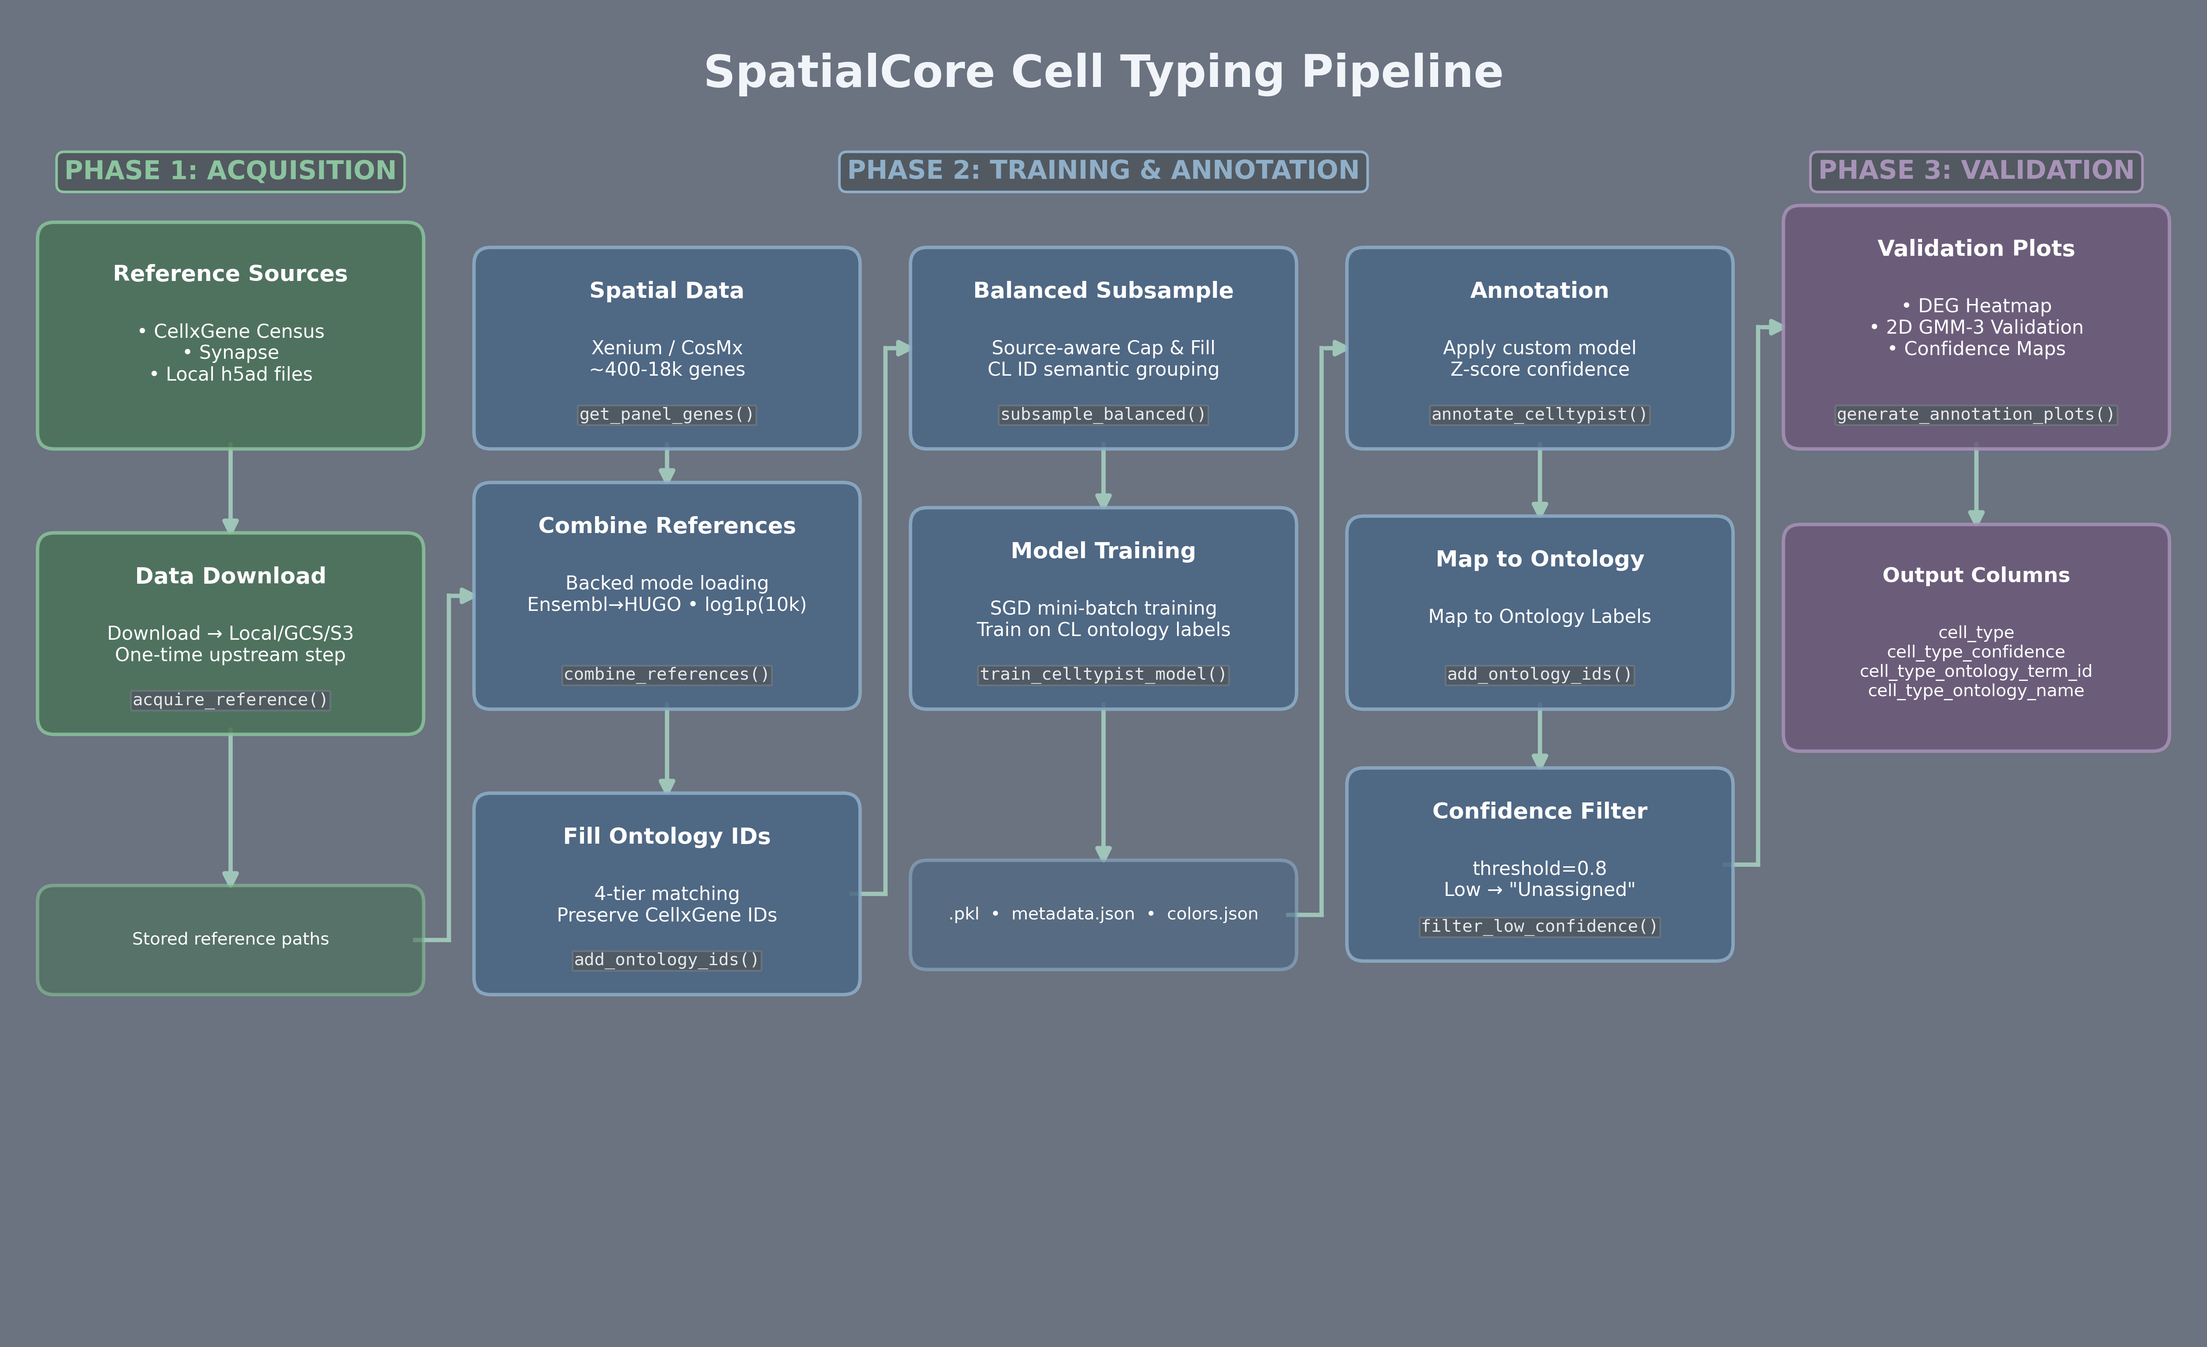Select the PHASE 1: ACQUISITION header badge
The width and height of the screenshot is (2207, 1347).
point(230,171)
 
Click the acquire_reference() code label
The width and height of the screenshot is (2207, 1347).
point(230,699)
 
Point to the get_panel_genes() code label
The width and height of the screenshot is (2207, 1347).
point(666,415)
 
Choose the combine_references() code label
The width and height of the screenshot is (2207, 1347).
point(666,674)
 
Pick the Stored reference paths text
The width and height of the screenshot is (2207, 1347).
point(230,939)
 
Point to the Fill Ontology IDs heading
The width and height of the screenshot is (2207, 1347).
point(666,837)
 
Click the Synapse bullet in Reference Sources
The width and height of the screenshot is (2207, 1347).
point(238,353)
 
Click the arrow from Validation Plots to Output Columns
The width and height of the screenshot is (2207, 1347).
point(1976,486)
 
